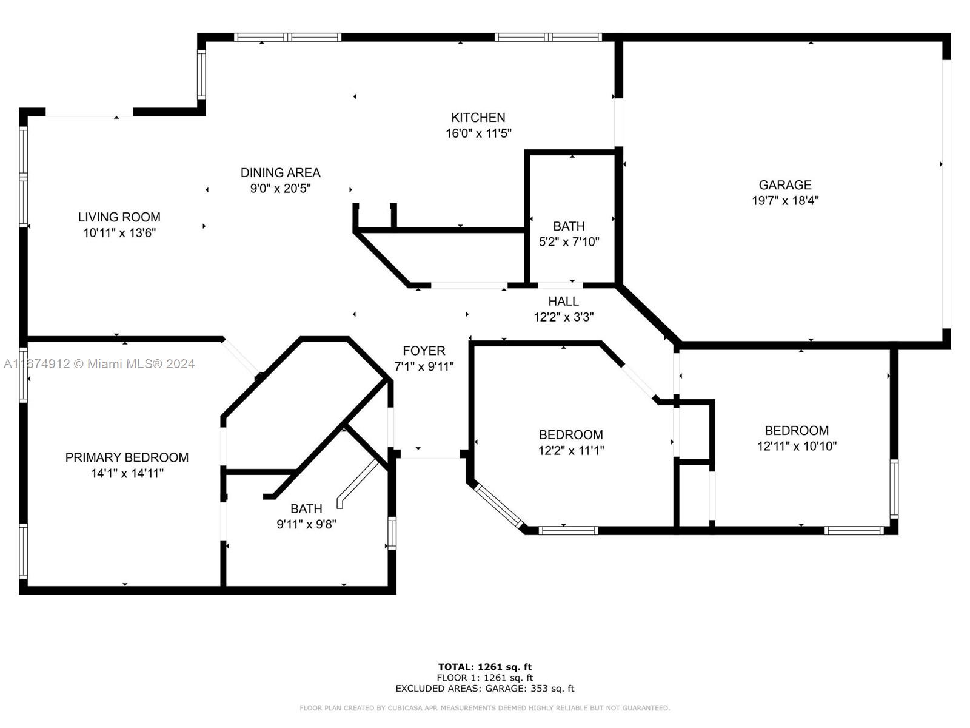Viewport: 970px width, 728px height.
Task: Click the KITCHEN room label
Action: [478, 118]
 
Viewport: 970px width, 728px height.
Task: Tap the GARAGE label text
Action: [785, 185]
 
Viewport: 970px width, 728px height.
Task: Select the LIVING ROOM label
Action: [119, 217]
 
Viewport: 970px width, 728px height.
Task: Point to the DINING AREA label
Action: [280, 172]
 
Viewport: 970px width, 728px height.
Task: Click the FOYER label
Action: [424, 351]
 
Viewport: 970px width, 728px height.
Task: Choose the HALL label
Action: [563, 301]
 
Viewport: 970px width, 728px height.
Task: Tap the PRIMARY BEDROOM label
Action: [127, 457]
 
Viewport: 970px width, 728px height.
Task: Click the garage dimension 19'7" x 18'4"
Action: [785, 201]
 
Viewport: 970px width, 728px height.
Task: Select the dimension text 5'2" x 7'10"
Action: [569, 242]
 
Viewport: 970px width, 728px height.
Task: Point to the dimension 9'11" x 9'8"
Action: [306, 524]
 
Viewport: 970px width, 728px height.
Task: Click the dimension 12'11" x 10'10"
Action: [797, 446]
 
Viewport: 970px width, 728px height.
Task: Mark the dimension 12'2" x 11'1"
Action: [571, 450]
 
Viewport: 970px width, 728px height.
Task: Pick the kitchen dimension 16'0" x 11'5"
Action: [478, 133]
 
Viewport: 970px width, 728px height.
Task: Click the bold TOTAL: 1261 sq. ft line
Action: [485, 667]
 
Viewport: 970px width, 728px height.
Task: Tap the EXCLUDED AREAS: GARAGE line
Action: [485, 688]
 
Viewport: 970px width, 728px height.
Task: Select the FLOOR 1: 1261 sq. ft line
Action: [485, 678]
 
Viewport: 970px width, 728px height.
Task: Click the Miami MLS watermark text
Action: [99, 364]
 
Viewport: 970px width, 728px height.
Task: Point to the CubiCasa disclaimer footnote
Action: [485, 707]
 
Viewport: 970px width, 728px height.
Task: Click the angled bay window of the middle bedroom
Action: [498, 507]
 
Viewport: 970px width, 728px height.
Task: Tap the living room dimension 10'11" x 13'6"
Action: [119, 233]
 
